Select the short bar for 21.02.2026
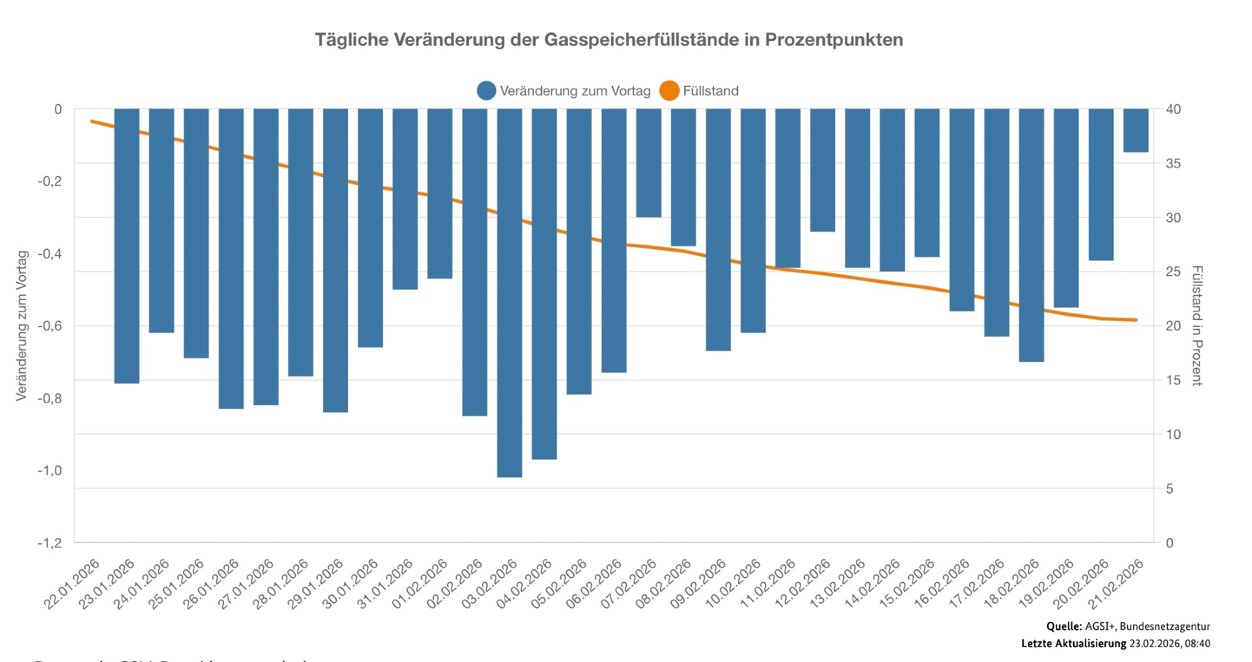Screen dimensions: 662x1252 click(1136, 130)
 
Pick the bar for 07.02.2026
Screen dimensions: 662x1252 click(649, 163)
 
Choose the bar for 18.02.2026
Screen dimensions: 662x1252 click(1031, 235)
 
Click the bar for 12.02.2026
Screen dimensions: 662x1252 click(823, 170)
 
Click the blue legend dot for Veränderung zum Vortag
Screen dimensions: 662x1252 click(486, 91)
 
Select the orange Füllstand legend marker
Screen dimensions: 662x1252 click(669, 91)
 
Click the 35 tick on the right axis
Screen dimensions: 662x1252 click(1173, 163)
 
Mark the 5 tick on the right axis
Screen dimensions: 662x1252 click(1169, 489)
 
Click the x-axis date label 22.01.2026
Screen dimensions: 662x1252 click(72, 584)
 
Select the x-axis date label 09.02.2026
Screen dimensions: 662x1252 click(699, 584)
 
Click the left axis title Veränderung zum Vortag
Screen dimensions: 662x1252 click(22, 326)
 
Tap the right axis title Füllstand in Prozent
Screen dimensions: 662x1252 click(1196, 326)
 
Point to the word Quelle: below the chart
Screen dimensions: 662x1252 click(1064, 626)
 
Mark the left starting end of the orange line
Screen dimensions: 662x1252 click(92, 121)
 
